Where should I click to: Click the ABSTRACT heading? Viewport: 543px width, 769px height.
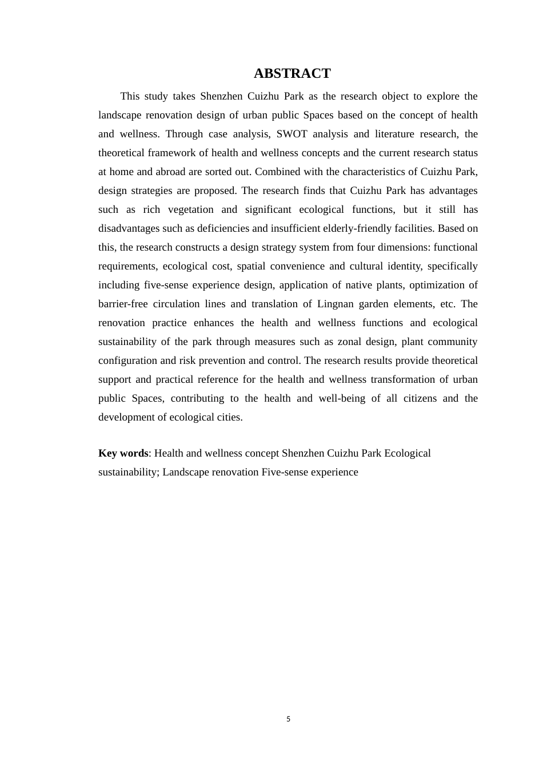(292, 74)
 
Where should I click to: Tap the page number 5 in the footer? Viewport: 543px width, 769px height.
(288, 719)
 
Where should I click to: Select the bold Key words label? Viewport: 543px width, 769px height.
(123, 453)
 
